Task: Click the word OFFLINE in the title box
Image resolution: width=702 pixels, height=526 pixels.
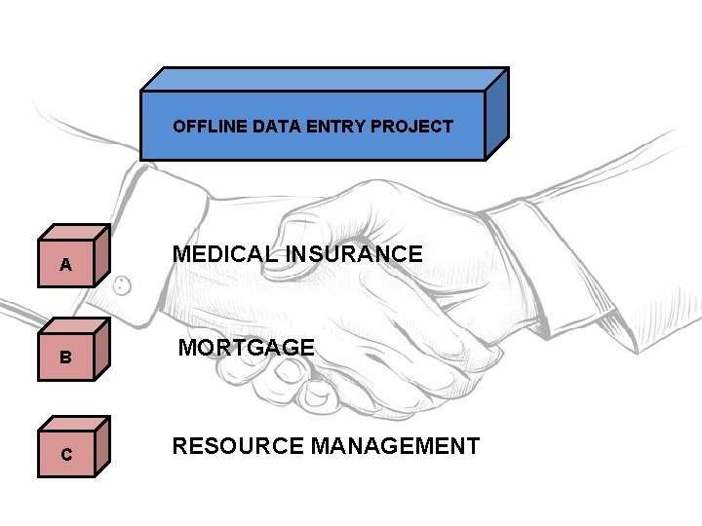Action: click(x=207, y=127)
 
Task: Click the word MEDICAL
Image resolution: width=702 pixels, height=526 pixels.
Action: click(x=224, y=254)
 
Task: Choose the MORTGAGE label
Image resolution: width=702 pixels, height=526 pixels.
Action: click(x=246, y=348)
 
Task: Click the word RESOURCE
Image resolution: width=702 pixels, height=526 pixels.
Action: click(x=237, y=446)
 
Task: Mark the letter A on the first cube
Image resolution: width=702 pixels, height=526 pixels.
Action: click(x=65, y=265)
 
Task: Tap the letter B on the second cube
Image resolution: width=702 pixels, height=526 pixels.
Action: click(x=65, y=357)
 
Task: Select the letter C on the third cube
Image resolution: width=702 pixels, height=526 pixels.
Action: click(x=65, y=454)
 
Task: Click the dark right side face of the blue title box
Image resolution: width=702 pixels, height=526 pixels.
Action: click(x=496, y=114)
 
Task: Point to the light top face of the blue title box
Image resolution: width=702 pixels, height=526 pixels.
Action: click(x=322, y=79)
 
